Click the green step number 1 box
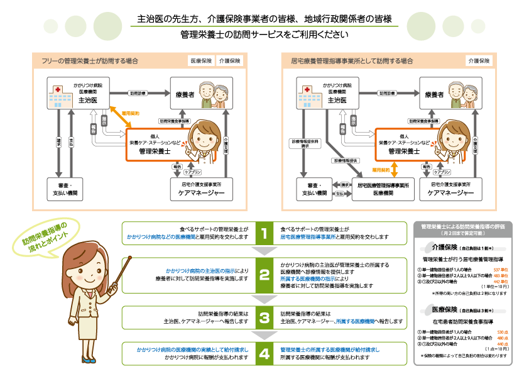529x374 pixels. (x=264, y=233)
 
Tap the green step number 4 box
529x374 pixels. (x=264, y=353)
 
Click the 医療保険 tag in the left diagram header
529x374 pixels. (x=200, y=61)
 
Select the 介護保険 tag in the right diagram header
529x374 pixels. (x=478, y=61)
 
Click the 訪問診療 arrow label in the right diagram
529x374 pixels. (x=387, y=92)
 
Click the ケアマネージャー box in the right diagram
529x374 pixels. (x=450, y=189)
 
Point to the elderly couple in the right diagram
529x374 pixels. (x=470, y=94)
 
